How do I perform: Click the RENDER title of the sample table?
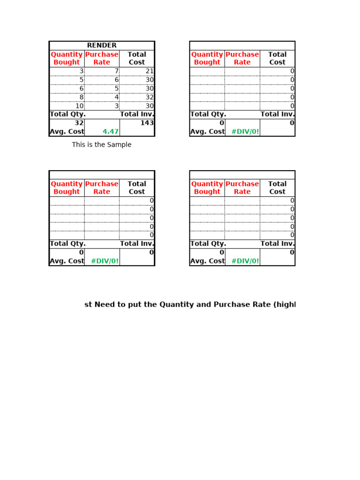coord(102,45)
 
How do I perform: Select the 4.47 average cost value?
coord(111,132)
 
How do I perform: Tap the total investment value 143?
coord(147,123)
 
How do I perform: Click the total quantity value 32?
coord(79,123)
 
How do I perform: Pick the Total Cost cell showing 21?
coord(150,71)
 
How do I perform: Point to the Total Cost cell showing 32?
coord(150,97)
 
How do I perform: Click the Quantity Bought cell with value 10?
coord(79,106)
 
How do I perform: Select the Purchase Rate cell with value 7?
coord(116,71)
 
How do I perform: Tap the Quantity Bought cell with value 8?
coord(81,97)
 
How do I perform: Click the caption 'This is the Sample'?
coord(102,145)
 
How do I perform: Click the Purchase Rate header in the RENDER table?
coord(102,58)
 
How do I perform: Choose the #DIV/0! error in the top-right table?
coord(245,132)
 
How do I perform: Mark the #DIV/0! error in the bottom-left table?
coord(105,261)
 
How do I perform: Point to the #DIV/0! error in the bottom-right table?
coord(245,261)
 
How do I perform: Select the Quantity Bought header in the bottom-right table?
coord(207,187)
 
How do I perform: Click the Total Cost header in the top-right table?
coord(277,58)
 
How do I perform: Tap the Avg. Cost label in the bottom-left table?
coord(67,261)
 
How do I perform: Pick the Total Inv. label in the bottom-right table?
coord(277,244)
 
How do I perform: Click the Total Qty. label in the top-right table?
coord(208,114)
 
